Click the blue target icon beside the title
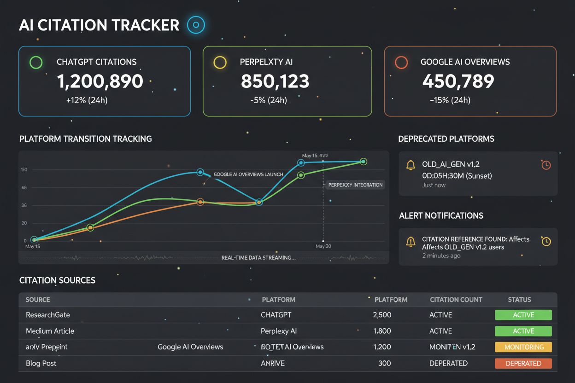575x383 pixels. click(196, 25)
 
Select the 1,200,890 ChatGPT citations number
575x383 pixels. click(100, 81)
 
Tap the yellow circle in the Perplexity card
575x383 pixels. click(220, 62)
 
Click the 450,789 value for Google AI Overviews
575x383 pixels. click(458, 81)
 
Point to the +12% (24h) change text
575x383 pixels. click(87, 100)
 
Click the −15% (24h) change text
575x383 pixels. click(450, 100)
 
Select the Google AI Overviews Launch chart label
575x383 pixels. click(248, 175)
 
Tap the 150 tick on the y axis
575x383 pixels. click(24, 170)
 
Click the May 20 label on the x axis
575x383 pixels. click(323, 246)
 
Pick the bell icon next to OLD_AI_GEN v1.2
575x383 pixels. click(411, 165)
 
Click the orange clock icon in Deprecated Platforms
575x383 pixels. click(546, 165)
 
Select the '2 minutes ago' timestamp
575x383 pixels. click(441, 255)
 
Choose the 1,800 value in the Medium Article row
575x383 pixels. click(382, 331)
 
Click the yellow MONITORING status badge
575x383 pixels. click(523, 347)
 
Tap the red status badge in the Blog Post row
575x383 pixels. click(523, 363)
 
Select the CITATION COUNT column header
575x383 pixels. click(456, 300)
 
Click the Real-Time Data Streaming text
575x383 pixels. click(258, 258)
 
